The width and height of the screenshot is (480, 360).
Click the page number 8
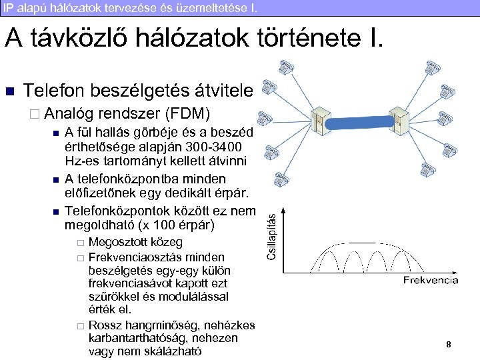(x=449, y=344)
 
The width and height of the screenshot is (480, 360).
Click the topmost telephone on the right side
(x=433, y=67)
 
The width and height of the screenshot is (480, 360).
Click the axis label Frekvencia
(x=431, y=281)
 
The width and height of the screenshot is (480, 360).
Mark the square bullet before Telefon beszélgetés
(x=9, y=91)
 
